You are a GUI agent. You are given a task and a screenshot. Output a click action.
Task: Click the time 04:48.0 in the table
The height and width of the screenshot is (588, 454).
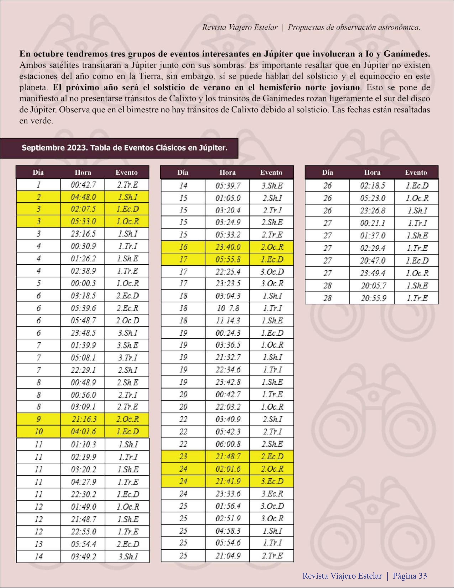tap(83, 197)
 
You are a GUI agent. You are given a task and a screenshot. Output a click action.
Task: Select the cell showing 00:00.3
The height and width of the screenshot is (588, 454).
tap(83, 283)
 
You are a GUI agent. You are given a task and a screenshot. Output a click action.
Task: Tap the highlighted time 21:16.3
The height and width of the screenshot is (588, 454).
tap(83, 419)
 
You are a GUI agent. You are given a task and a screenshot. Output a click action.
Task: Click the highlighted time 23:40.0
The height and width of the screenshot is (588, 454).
tap(228, 247)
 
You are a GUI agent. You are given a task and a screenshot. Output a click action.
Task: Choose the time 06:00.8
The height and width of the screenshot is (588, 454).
tap(228, 444)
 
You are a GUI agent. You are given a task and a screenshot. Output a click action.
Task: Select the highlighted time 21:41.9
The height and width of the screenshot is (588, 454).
tap(228, 481)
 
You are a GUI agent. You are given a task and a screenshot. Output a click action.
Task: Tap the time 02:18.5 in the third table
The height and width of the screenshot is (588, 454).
tap(372, 185)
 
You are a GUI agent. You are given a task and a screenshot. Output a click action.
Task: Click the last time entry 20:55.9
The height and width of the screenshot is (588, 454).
tap(372, 298)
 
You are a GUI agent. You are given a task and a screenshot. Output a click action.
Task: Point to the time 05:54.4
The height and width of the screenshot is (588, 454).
tap(83, 544)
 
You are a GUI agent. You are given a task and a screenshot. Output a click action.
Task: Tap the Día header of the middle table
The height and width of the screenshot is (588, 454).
tap(182, 172)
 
